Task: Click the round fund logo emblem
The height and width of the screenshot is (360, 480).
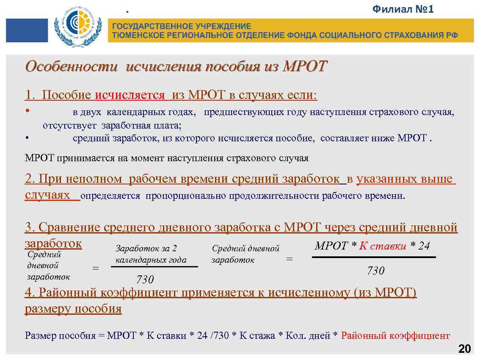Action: pyautogui.click(x=78, y=26)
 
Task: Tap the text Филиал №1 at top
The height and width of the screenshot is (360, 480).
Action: pyautogui.click(x=403, y=9)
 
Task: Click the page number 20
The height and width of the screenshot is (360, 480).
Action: pyautogui.click(x=464, y=349)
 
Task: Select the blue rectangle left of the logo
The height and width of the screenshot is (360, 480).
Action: pyautogui.click(x=27, y=30)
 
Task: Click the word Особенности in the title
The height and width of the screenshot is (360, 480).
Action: pyautogui.click(x=73, y=66)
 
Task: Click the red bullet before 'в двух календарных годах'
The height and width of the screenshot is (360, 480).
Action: pyautogui.click(x=27, y=112)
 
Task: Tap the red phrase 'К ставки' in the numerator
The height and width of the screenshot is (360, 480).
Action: pyautogui.click(x=383, y=246)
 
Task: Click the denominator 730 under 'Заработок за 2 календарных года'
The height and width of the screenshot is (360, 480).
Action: pyautogui.click(x=145, y=279)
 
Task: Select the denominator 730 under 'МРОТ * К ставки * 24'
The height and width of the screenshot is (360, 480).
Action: pyautogui.click(x=375, y=271)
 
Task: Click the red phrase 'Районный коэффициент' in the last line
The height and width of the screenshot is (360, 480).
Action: pyautogui.click(x=395, y=336)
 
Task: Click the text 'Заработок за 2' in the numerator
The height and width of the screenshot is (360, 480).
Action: pyautogui.click(x=146, y=249)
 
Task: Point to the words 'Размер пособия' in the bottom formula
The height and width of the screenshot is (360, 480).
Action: pyautogui.click(x=60, y=336)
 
